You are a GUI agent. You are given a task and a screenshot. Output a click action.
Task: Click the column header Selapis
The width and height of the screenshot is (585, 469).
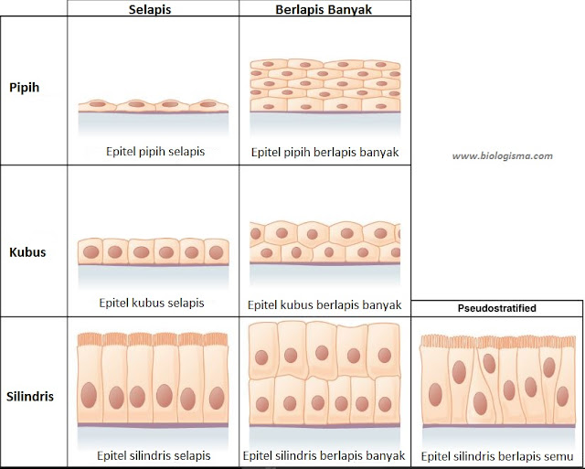[154, 8]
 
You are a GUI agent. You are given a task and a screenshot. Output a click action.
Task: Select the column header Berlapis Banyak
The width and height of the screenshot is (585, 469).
[325, 8]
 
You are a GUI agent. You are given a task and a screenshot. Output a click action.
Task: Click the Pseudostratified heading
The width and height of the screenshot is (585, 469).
[496, 308]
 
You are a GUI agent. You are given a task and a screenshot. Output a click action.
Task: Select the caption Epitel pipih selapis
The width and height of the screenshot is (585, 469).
[154, 150]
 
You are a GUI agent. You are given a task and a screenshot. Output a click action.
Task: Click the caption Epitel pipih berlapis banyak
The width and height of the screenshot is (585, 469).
[325, 150]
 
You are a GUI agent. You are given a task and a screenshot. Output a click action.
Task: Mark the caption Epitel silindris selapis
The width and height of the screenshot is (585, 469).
[154, 454]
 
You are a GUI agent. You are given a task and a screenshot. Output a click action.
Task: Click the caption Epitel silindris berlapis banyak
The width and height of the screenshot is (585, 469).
[325, 454]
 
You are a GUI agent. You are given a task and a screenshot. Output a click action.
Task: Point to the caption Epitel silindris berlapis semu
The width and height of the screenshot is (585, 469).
[496, 455]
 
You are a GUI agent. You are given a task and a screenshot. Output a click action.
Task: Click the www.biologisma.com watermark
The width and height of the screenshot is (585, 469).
[503, 155]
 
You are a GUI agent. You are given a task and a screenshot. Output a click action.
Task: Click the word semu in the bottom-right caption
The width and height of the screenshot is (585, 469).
[557, 455]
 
